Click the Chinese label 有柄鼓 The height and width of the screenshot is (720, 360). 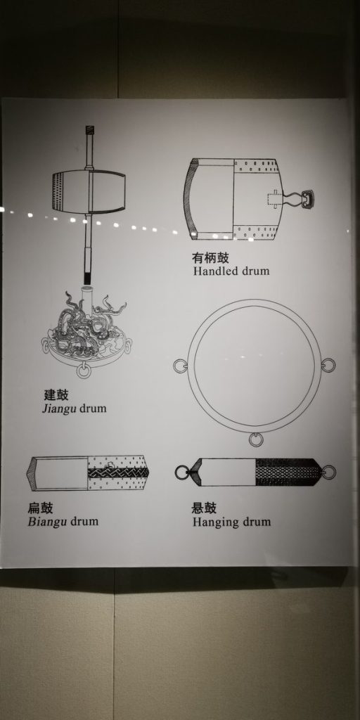pos(210,257)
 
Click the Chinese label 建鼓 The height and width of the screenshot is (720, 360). pos(56,394)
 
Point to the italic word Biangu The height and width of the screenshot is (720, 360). pos(45,522)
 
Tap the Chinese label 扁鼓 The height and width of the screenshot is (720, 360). pos(40,508)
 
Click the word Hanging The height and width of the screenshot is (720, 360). pos(213,522)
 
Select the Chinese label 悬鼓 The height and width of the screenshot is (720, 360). pos(204,508)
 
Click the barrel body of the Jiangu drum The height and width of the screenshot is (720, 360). pos(89,191)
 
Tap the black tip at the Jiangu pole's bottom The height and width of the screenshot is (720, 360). pos(88,278)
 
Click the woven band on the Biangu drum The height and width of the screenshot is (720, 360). pos(118,472)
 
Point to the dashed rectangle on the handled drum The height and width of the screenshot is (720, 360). pos(274,198)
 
